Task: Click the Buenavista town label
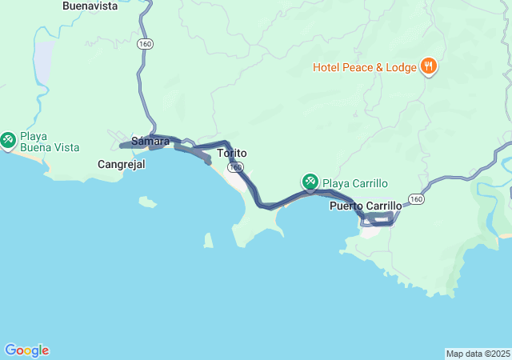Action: [x=90, y=6]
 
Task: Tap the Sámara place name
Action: [x=150, y=142]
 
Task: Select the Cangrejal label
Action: [x=120, y=164]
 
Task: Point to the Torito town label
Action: [x=232, y=153]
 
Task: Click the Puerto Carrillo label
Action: [x=366, y=206]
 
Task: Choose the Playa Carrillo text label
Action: [x=354, y=183]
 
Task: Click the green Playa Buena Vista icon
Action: [x=9, y=142]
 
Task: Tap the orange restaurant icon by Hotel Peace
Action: [x=429, y=67]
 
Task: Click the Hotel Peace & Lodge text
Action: [x=364, y=68]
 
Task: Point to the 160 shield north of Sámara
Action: [x=144, y=45]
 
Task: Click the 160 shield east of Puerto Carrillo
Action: [x=414, y=198]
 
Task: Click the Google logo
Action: [x=26, y=350]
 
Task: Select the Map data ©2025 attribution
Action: [x=477, y=354]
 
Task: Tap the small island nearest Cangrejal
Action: [x=147, y=202]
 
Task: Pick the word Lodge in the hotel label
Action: [x=400, y=68]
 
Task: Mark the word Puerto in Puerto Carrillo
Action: [x=346, y=206]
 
